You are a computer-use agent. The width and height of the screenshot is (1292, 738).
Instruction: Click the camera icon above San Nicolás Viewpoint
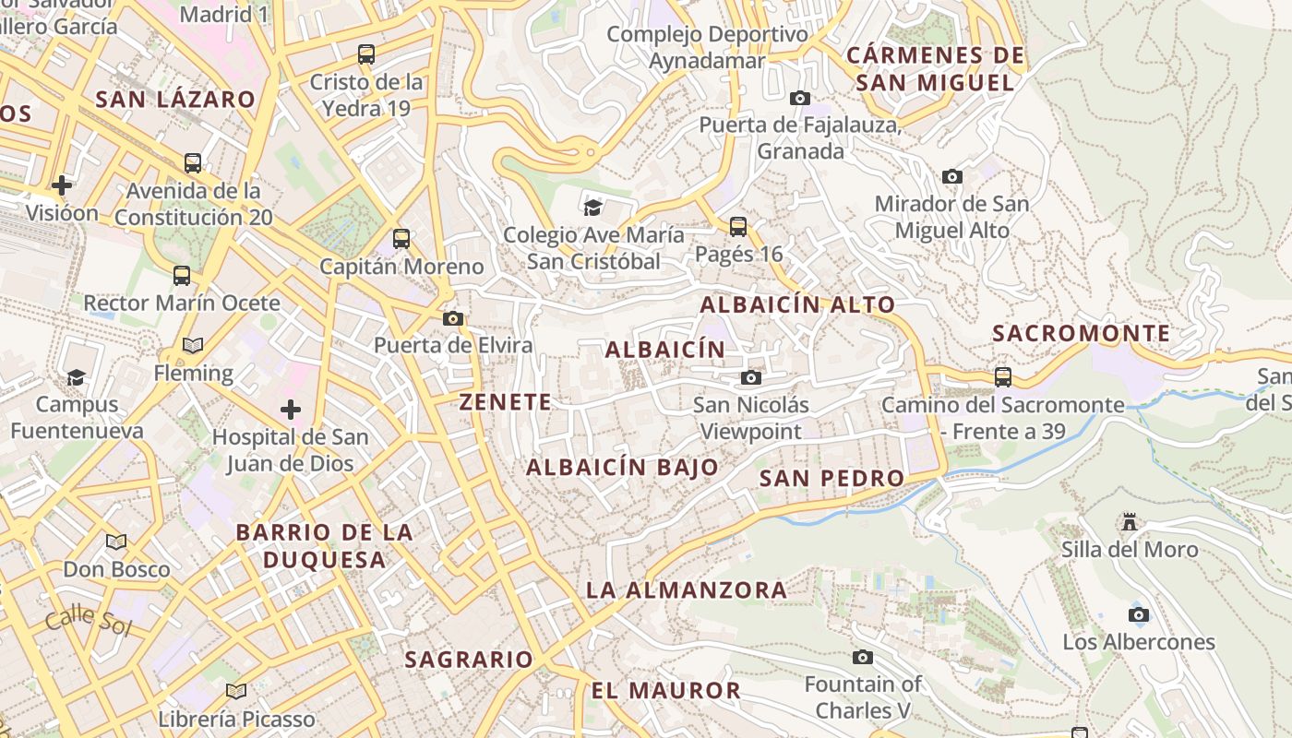click(751, 377)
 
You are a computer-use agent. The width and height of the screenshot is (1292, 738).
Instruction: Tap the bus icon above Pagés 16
click(737, 226)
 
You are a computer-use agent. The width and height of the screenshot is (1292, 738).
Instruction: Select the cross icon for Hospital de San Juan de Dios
click(291, 409)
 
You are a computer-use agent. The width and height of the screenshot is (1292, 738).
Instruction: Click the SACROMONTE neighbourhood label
click(1082, 333)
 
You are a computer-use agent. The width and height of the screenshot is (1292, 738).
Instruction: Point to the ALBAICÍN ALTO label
click(797, 304)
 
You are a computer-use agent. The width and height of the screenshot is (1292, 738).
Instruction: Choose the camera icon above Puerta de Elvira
click(453, 318)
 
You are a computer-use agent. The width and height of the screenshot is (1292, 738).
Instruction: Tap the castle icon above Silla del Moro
click(1129, 523)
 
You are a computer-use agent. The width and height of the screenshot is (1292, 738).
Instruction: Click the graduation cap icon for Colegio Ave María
click(592, 208)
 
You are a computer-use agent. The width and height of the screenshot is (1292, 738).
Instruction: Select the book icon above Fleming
click(193, 346)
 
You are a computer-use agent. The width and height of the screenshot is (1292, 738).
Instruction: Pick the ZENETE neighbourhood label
click(506, 402)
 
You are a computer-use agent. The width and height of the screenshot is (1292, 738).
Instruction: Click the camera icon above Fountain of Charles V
click(863, 657)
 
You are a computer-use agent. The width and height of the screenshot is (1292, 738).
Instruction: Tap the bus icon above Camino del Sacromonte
click(1003, 376)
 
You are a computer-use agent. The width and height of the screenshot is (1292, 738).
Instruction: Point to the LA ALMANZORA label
click(687, 589)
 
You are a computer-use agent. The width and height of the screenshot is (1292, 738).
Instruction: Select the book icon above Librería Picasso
click(236, 691)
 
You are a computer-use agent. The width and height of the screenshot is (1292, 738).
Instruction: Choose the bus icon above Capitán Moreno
click(401, 239)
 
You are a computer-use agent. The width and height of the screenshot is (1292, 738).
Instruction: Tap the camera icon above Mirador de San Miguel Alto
click(952, 176)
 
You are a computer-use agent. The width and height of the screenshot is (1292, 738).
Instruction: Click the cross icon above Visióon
click(62, 185)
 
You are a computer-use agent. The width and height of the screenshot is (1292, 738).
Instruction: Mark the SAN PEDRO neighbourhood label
click(831, 478)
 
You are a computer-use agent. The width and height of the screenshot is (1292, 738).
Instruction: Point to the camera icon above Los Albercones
click(1139, 614)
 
